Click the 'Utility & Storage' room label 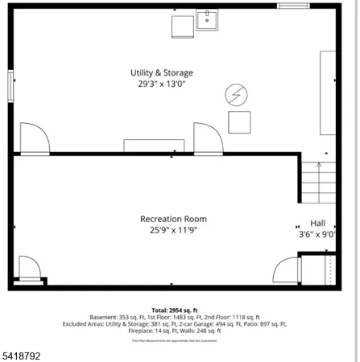click(x=162, y=72)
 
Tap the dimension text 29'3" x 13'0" click(x=162, y=84)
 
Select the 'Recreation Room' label click(x=173, y=219)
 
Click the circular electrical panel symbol click(x=236, y=95)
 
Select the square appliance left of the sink click(x=181, y=27)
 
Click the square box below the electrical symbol click(x=239, y=122)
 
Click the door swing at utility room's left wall click(x=34, y=138)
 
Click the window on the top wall click(x=293, y=6)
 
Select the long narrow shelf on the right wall click(x=328, y=93)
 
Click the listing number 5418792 click(x=22, y=352)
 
